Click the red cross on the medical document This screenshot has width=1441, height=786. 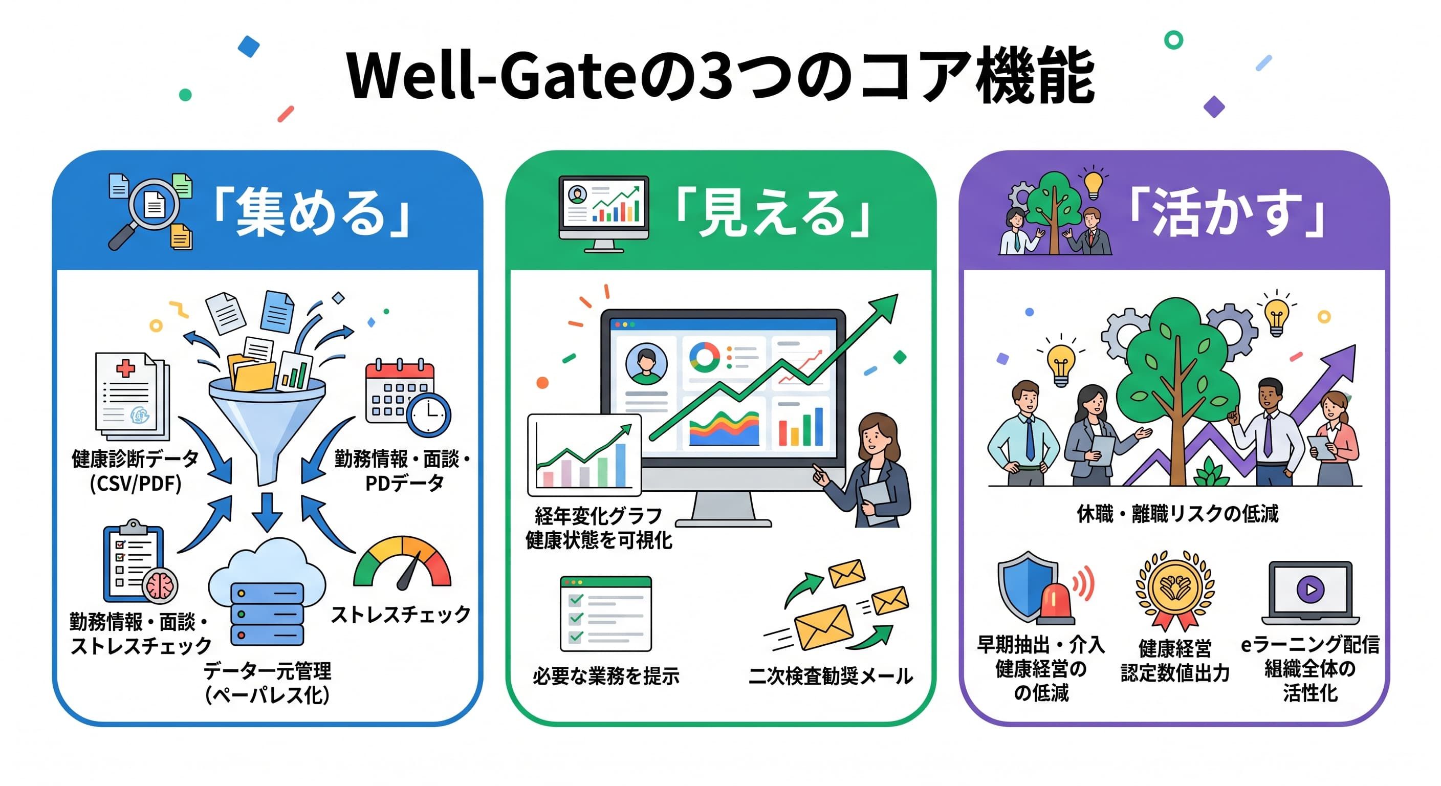(x=125, y=368)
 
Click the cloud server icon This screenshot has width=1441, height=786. (x=267, y=593)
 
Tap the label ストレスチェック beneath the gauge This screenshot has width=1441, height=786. (x=401, y=614)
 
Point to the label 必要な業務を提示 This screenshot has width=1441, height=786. (x=606, y=676)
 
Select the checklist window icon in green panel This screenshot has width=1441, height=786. (x=606, y=614)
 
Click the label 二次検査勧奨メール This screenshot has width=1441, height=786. (x=831, y=676)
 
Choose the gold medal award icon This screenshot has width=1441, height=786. (x=1175, y=590)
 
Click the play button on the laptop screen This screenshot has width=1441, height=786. (x=1311, y=589)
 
